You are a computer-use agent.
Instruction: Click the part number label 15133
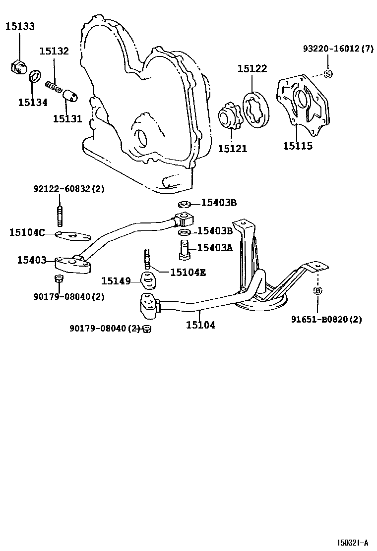[20, 26]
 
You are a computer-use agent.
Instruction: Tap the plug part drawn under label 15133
[17, 66]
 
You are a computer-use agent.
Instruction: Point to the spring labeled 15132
[53, 86]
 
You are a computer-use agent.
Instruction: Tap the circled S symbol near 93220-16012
[327, 74]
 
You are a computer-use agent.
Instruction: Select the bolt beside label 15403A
[183, 249]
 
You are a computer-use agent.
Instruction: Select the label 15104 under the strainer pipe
[200, 325]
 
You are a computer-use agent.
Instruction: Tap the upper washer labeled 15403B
[183, 203]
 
